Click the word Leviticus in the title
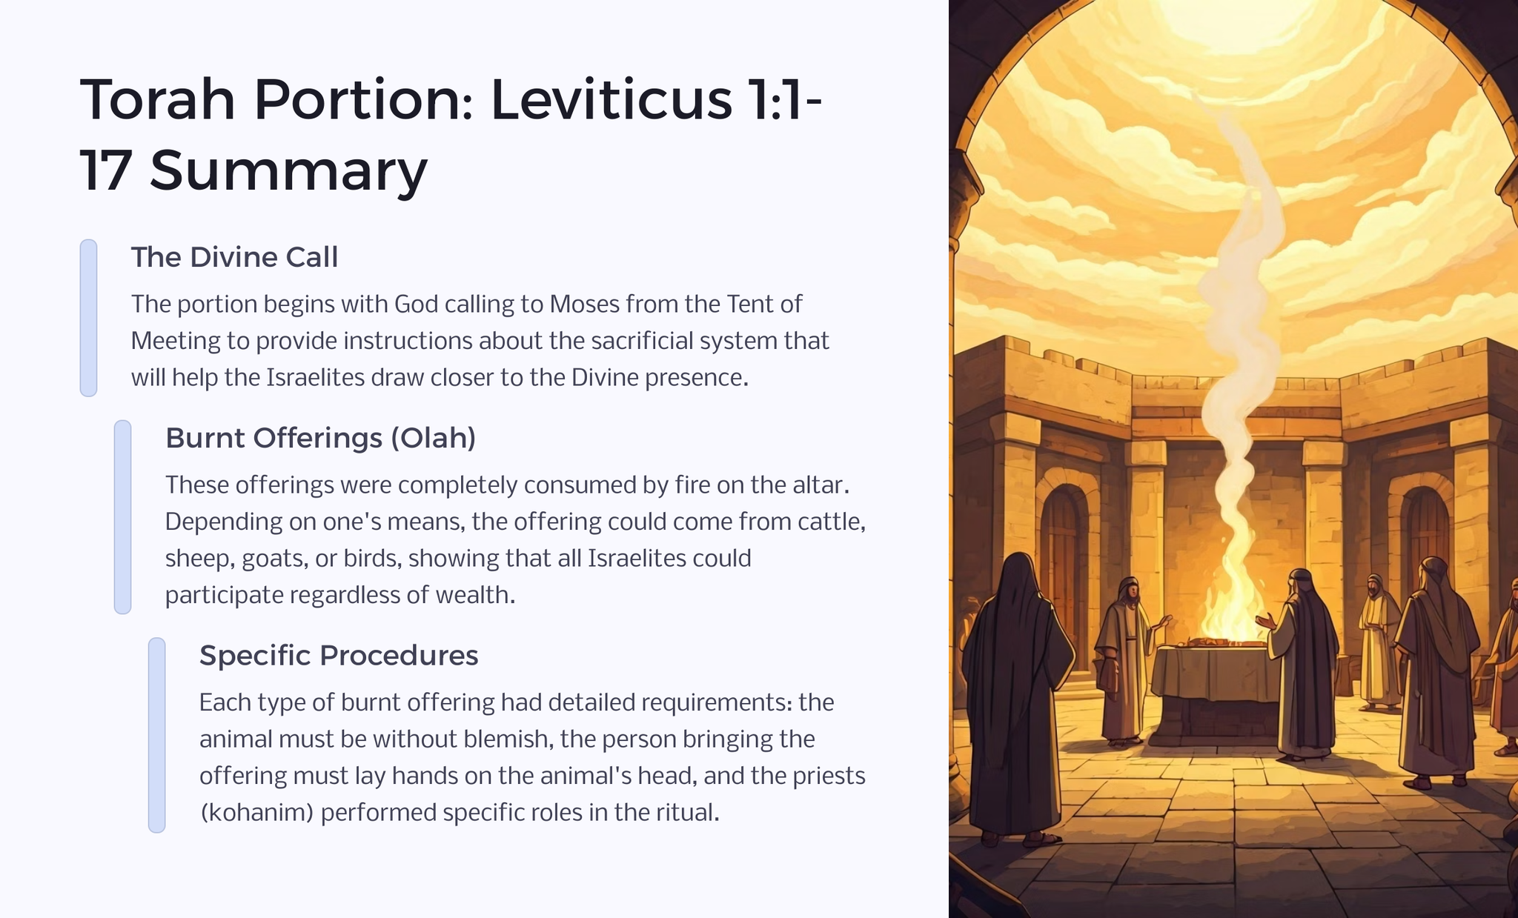pyautogui.click(x=611, y=99)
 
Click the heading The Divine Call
pyautogui.click(x=234, y=257)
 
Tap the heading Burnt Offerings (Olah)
pyautogui.click(x=320, y=438)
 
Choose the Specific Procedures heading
pyautogui.click(x=339, y=656)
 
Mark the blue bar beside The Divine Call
pyautogui.click(x=88, y=318)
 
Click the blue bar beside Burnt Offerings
pyautogui.click(x=122, y=517)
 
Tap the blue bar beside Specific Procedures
pyautogui.click(x=156, y=735)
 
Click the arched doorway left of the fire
pyautogui.click(x=1064, y=563)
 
